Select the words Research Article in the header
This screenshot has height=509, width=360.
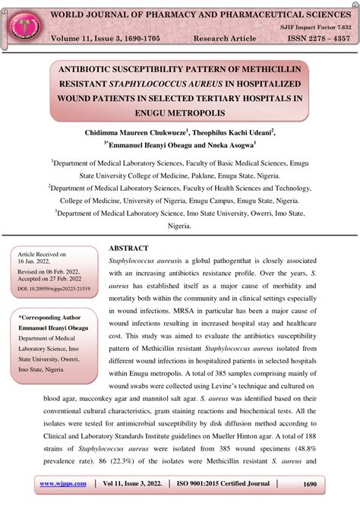point(225,38)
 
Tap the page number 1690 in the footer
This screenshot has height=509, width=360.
point(309,484)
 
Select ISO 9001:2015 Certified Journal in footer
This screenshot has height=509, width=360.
point(226,484)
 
